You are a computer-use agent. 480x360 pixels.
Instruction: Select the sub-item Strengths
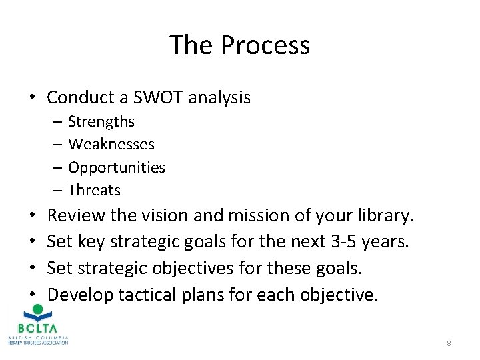(x=101, y=121)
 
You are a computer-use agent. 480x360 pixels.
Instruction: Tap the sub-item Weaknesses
(x=111, y=144)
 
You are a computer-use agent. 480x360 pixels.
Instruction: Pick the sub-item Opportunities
(x=117, y=167)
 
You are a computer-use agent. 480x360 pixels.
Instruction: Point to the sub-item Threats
(x=94, y=190)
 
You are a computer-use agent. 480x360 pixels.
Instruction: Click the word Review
(x=78, y=216)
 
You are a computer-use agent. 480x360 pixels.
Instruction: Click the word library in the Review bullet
(x=387, y=216)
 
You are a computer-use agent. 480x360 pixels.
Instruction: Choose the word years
(x=385, y=242)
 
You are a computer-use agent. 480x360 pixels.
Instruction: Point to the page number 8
(x=449, y=343)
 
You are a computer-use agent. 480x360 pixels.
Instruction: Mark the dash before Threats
(x=57, y=191)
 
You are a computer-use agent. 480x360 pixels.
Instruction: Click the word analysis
(x=219, y=98)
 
